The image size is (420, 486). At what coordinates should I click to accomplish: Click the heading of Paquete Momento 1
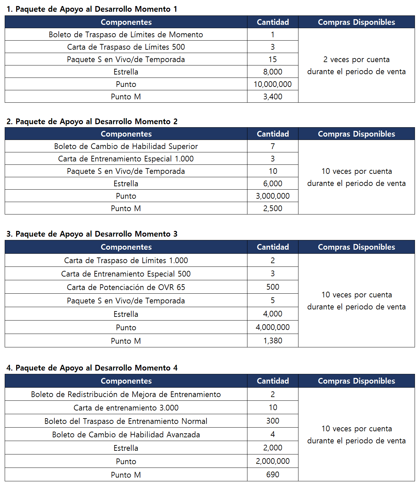[x=92, y=9]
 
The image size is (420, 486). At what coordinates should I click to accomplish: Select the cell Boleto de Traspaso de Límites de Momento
[x=126, y=35]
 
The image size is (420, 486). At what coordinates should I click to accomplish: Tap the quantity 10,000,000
[x=273, y=84]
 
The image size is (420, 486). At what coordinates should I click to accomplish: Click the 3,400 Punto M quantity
[x=273, y=97]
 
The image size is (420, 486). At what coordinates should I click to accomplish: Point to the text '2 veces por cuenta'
[x=356, y=59]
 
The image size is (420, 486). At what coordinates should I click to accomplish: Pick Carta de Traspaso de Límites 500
[x=126, y=47]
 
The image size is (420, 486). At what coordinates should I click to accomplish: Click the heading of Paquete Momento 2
[x=92, y=121]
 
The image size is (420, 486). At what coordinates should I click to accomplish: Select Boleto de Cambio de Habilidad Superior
[x=126, y=146]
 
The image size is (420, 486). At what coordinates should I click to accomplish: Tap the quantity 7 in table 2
[x=273, y=146]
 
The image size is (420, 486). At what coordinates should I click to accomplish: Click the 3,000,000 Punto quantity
[x=273, y=196]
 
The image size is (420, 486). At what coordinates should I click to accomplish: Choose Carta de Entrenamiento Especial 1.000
[x=126, y=159]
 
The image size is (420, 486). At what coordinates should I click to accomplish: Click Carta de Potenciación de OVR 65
[x=126, y=287]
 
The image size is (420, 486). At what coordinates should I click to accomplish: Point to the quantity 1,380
[x=273, y=341]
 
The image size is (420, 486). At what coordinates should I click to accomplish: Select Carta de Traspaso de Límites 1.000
[x=126, y=260]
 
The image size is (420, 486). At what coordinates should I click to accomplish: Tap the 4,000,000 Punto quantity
[x=273, y=327]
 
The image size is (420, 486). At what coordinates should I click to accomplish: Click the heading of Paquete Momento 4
[x=92, y=368]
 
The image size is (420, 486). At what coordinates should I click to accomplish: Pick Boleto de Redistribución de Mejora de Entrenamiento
[x=126, y=394]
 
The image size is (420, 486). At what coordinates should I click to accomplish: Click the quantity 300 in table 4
[x=273, y=421]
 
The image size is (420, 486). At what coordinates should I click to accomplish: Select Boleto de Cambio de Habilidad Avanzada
[x=126, y=435]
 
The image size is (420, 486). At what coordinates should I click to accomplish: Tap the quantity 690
[x=273, y=475]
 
